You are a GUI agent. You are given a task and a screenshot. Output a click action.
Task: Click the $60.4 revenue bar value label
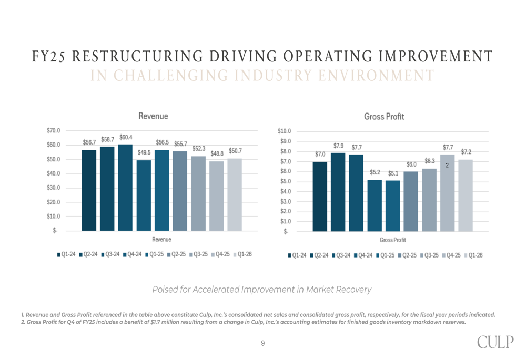click(x=126, y=137)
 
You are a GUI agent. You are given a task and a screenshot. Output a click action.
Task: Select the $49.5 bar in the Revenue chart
click(x=144, y=195)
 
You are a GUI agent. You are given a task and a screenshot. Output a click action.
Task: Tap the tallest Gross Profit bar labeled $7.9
click(x=338, y=192)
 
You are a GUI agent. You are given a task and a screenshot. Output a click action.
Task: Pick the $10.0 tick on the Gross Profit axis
click(x=284, y=131)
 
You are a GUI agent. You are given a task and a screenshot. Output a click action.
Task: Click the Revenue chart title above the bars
click(x=153, y=116)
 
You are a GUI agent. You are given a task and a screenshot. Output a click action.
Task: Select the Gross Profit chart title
click(x=384, y=116)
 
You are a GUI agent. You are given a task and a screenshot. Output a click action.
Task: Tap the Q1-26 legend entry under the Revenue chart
click(x=242, y=254)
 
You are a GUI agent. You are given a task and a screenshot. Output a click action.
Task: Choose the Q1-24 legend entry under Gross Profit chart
click(x=297, y=255)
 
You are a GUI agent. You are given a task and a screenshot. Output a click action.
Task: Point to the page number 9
click(x=263, y=343)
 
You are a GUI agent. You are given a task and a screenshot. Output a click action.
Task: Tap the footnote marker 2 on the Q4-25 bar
click(x=447, y=165)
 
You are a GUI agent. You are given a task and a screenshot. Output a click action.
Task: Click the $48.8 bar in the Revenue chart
click(x=217, y=196)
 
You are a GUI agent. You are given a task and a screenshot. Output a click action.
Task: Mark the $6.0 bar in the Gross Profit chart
click(x=411, y=201)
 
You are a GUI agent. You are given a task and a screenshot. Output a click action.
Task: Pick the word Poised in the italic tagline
click(x=164, y=290)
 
